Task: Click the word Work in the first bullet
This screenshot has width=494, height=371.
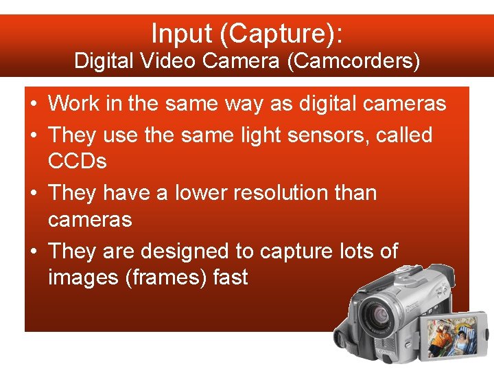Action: [x=73, y=104]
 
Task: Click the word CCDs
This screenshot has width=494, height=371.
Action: [x=78, y=161]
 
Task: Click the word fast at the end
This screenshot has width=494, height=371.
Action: [x=230, y=278]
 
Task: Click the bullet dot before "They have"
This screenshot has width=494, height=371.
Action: [x=33, y=193]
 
